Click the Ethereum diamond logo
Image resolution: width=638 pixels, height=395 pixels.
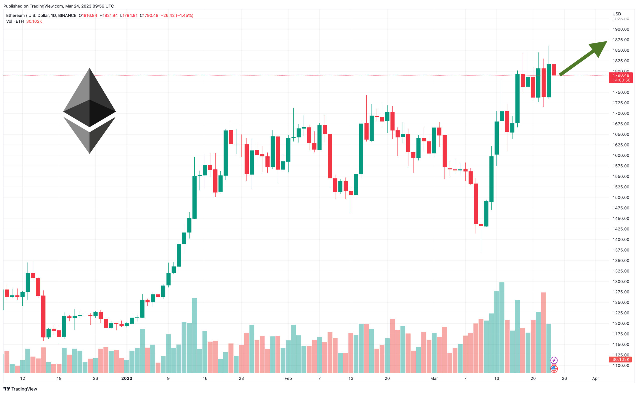(x=89, y=111)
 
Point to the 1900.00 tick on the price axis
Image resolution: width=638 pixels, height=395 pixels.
(x=621, y=29)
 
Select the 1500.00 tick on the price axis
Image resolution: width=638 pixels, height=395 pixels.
(x=621, y=198)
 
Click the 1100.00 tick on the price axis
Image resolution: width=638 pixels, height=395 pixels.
(x=621, y=366)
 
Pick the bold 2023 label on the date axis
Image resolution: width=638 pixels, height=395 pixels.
(x=127, y=378)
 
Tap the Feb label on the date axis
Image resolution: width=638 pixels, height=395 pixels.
(x=288, y=378)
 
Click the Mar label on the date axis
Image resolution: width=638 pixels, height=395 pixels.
(x=434, y=378)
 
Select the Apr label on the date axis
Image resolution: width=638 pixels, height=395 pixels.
(x=595, y=378)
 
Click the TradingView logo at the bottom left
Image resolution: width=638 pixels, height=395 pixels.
(x=20, y=389)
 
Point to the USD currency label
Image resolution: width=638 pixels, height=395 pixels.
(x=617, y=14)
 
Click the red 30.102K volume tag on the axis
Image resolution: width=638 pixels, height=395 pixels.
(x=621, y=360)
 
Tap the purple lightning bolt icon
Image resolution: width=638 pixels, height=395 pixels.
(x=554, y=361)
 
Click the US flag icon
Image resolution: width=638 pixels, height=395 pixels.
(x=554, y=369)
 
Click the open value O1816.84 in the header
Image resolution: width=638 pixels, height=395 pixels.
(x=88, y=15)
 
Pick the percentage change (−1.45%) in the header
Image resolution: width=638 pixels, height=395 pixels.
(x=184, y=15)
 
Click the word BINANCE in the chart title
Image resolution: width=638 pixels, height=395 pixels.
(x=67, y=15)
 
